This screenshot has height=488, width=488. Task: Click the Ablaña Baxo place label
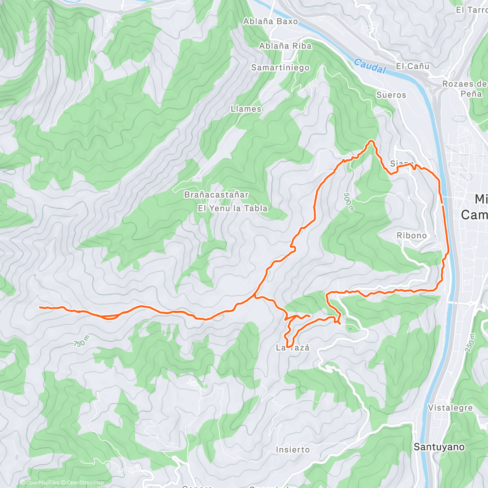(270, 22)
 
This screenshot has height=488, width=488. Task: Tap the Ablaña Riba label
(285, 46)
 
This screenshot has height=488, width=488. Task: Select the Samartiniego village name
(280, 68)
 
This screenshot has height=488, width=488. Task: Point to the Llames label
(246, 109)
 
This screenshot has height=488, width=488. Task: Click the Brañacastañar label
(216, 195)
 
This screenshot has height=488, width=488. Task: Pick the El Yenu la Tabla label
(233, 208)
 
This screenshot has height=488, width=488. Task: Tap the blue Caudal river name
(369, 66)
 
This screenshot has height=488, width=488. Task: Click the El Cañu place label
(412, 66)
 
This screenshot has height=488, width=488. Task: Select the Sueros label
(391, 95)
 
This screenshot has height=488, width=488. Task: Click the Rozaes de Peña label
(464, 89)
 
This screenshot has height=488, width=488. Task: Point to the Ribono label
(412, 235)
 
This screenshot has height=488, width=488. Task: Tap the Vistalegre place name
(450, 408)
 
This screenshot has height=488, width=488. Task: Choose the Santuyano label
(439, 447)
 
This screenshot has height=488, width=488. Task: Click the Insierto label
(292, 450)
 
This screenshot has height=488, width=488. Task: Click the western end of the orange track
(40, 307)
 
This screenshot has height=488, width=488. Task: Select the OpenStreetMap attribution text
(85, 483)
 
